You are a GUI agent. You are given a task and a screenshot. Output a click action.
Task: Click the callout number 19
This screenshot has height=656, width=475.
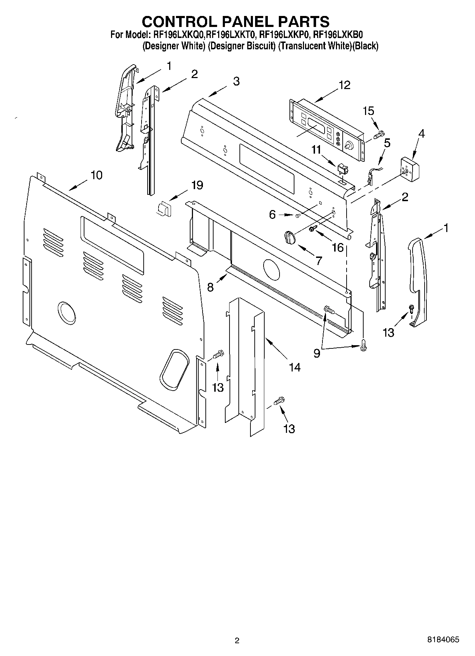(197, 185)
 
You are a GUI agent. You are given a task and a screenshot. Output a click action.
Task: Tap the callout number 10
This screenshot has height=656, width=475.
(96, 175)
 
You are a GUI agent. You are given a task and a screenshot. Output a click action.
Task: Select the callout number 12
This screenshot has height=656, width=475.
(344, 85)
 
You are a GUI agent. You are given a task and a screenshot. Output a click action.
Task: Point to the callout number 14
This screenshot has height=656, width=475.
(294, 367)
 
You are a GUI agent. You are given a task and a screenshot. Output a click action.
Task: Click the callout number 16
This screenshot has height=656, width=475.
(338, 247)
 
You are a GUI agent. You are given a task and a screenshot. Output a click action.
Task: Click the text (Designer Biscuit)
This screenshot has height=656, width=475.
(242, 46)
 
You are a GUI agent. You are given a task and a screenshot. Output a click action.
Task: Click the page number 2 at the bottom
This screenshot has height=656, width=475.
(237, 640)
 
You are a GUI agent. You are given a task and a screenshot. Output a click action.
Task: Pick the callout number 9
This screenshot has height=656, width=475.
(317, 353)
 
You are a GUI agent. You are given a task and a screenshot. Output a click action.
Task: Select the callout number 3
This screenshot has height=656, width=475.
(236, 81)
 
